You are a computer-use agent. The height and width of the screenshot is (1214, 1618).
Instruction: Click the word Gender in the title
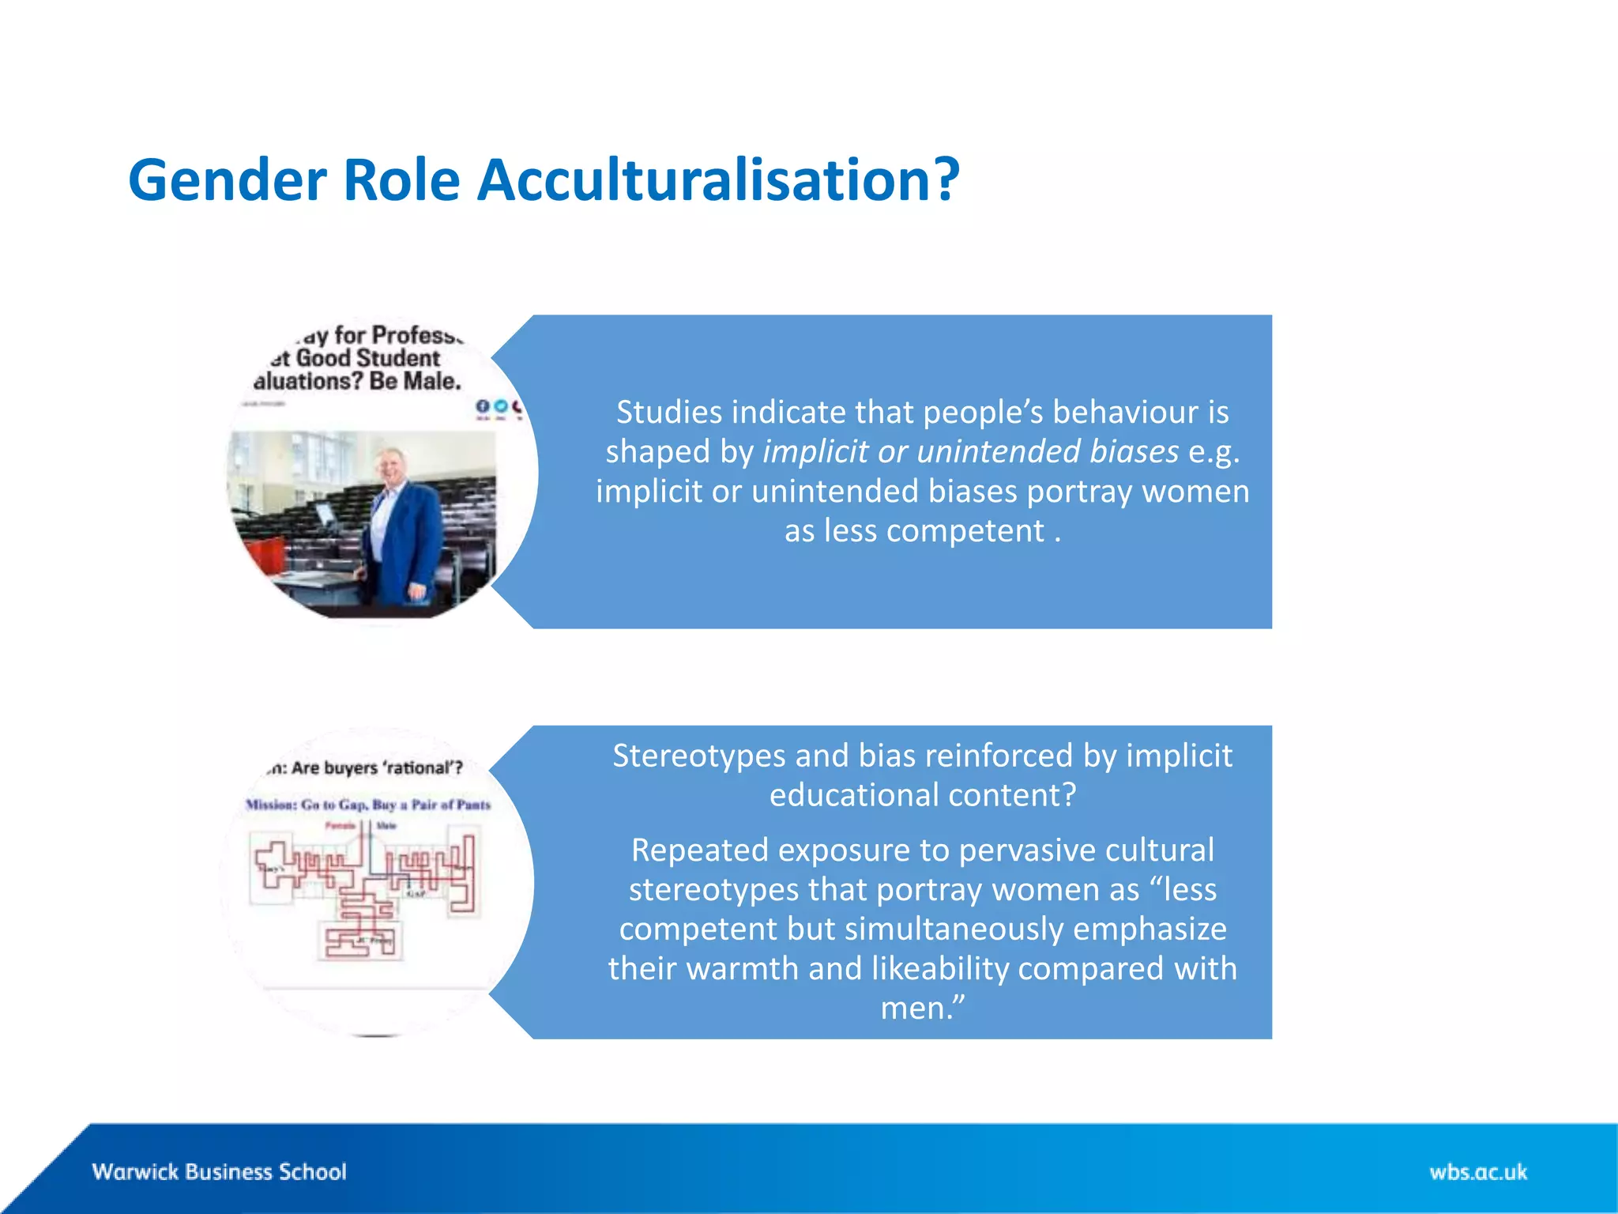point(227,181)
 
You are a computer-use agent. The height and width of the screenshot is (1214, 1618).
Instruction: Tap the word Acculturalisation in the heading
point(717,181)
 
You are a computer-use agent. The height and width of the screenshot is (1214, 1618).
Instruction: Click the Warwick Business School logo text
point(219,1171)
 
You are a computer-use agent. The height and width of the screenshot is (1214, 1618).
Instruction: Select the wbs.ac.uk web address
point(1477,1171)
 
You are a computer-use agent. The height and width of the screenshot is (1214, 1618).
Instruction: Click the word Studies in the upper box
point(669,413)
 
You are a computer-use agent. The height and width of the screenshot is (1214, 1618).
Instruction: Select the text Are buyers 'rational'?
point(377,768)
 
